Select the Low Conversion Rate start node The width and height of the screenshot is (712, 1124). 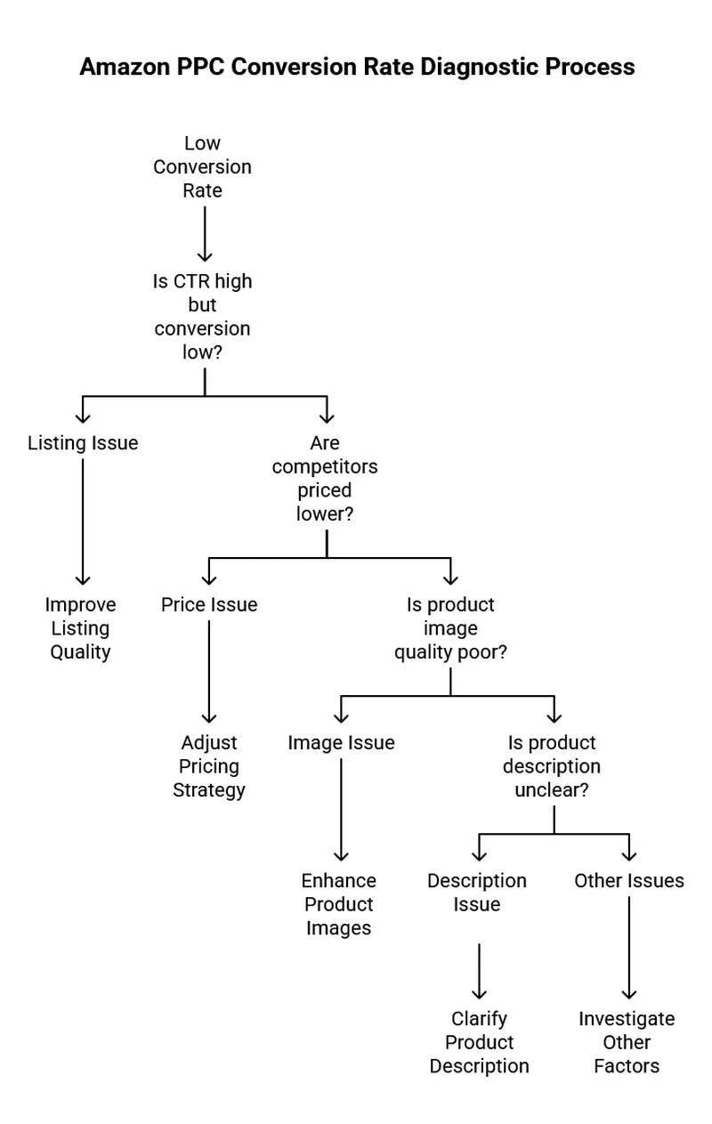tap(202, 167)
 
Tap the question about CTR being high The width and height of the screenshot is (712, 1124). tap(202, 317)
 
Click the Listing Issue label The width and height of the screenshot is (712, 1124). tap(83, 443)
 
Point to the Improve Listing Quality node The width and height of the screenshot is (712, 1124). tap(80, 628)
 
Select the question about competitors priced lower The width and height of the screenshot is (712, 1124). tap(325, 478)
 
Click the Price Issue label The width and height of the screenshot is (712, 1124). tap(209, 605)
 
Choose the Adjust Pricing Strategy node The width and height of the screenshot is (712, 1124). tap(209, 766)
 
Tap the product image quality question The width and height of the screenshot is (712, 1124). tap(450, 628)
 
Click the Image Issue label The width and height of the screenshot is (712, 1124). tap(341, 743)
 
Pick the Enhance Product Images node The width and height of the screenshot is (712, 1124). tap(339, 904)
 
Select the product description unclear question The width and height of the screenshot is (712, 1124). tap(552, 766)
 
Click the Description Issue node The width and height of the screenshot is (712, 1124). tap(477, 893)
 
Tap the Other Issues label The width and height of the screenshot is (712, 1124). tap(629, 881)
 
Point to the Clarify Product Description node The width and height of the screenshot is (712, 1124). tap(479, 1042)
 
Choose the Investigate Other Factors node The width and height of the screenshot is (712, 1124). tap(627, 1042)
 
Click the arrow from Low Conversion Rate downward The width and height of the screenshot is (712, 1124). tap(205, 233)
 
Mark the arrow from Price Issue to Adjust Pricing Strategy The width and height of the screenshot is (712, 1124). tap(209, 672)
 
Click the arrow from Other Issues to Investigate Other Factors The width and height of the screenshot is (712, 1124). tap(629, 948)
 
